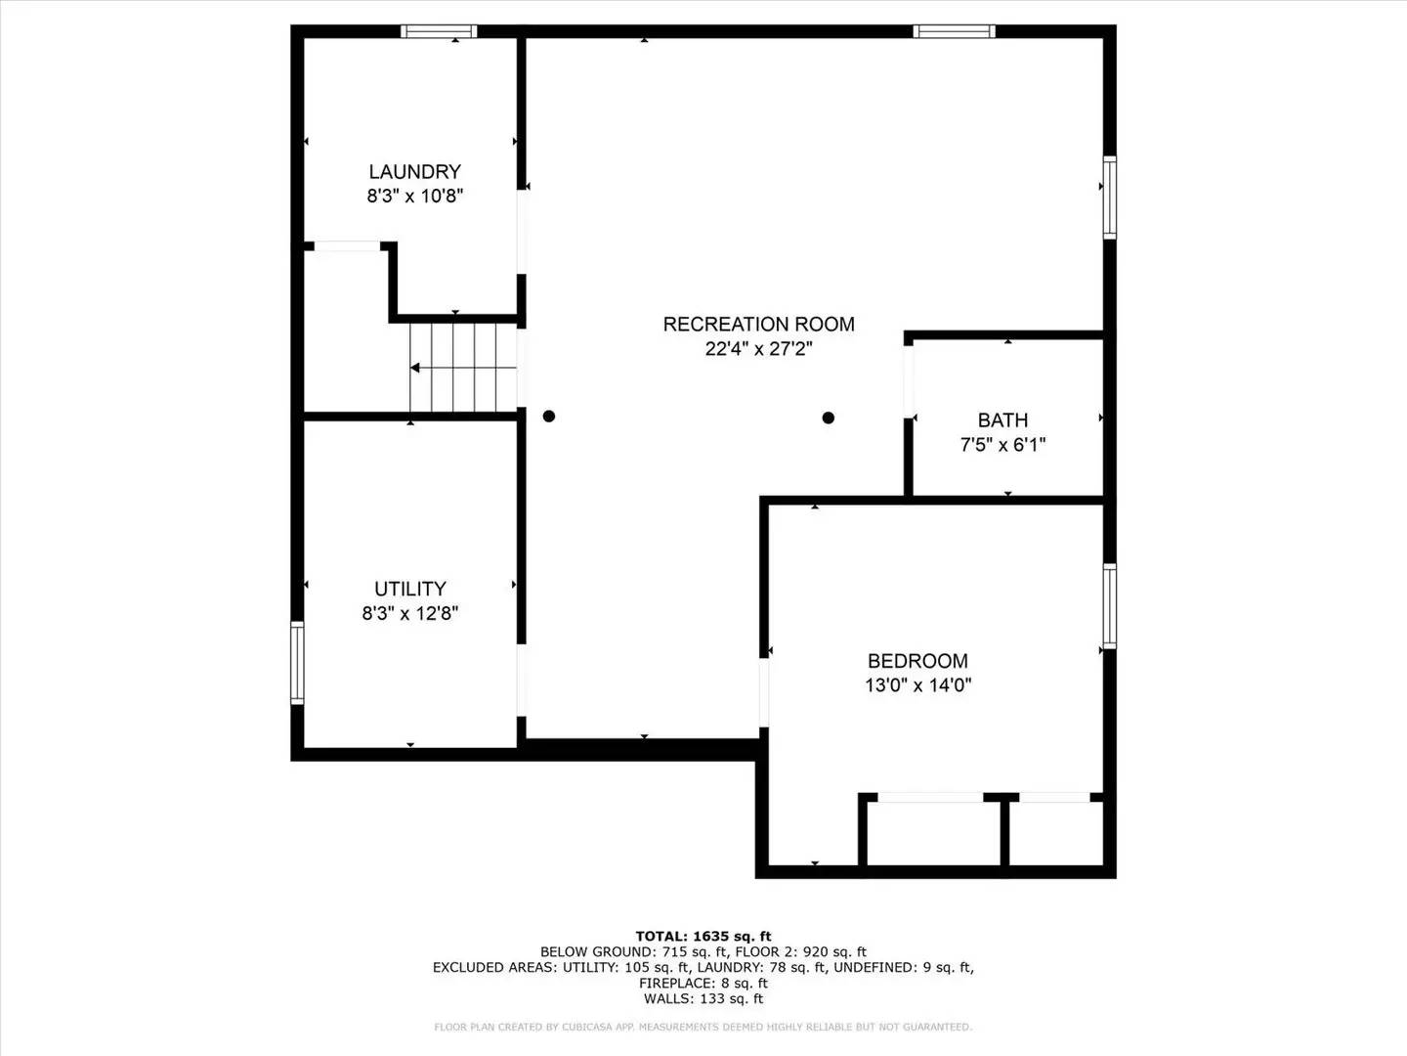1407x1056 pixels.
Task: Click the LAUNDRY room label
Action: tap(414, 172)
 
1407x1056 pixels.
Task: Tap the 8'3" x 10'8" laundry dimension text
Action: tap(414, 196)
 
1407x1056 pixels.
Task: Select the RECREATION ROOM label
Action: tap(758, 325)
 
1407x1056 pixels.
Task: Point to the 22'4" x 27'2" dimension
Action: tap(758, 349)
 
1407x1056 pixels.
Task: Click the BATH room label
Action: tap(1002, 420)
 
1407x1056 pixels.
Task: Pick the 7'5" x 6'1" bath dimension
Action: tap(1002, 445)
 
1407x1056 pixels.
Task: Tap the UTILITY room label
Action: tap(410, 589)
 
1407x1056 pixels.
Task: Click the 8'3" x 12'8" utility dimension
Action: tap(410, 613)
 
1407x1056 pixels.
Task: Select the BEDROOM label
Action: tap(917, 661)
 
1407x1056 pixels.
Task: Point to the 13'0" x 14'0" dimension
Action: tap(917, 685)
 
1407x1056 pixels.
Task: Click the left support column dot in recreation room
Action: tap(549, 416)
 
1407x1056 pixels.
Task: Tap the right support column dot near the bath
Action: tap(829, 418)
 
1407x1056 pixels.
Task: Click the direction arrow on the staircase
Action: tap(416, 368)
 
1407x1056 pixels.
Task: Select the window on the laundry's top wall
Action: tap(439, 31)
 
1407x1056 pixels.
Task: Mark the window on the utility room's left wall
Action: tap(297, 663)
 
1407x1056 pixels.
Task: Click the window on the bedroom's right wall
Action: tap(1110, 605)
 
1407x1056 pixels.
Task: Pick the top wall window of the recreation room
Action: tap(954, 31)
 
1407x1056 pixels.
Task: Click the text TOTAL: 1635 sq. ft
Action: tap(703, 937)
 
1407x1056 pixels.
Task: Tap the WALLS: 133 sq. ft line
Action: tap(703, 999)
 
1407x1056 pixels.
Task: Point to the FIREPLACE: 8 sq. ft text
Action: tap(703, 984)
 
